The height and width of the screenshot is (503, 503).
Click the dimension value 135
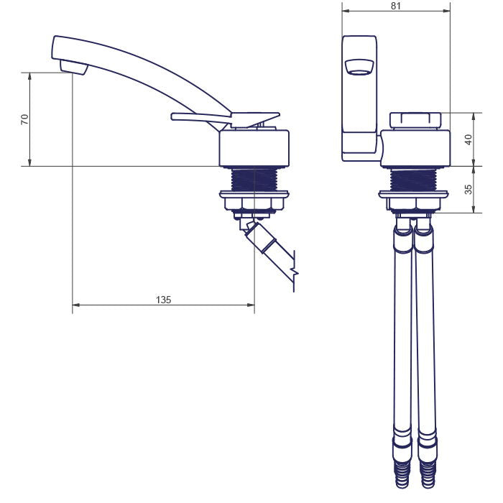(x=163, y=300)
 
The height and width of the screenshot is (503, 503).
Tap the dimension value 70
(x=24, y=119)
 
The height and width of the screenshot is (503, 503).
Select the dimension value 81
(x=396, y=6)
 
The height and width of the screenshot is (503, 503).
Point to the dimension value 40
(x=469, y=139)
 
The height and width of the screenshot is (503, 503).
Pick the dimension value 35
(x=469, y=189)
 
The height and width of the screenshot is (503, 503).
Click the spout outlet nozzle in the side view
(x=74, y=68)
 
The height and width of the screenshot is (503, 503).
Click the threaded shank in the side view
(x=254, y=180)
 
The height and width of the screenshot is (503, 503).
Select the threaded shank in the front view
(x=413, y=180)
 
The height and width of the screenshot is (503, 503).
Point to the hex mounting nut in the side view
(x=254, y=203)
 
